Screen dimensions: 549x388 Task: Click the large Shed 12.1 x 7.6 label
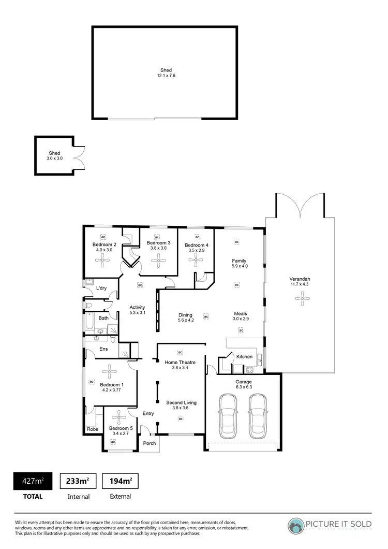click(x=166, y=73)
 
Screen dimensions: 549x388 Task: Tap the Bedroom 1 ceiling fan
click(x=110, y=370)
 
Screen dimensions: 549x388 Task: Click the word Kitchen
click(x=244, y=356)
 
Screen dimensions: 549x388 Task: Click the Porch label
click(x=150, y=443)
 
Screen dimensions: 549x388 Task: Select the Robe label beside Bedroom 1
click(x=93, y=429)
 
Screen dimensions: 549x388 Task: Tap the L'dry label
click(x=101, y=288)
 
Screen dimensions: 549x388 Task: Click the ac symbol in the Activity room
click(x=139, y=284)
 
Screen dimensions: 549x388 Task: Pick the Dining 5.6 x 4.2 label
click(x=185, y=317)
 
